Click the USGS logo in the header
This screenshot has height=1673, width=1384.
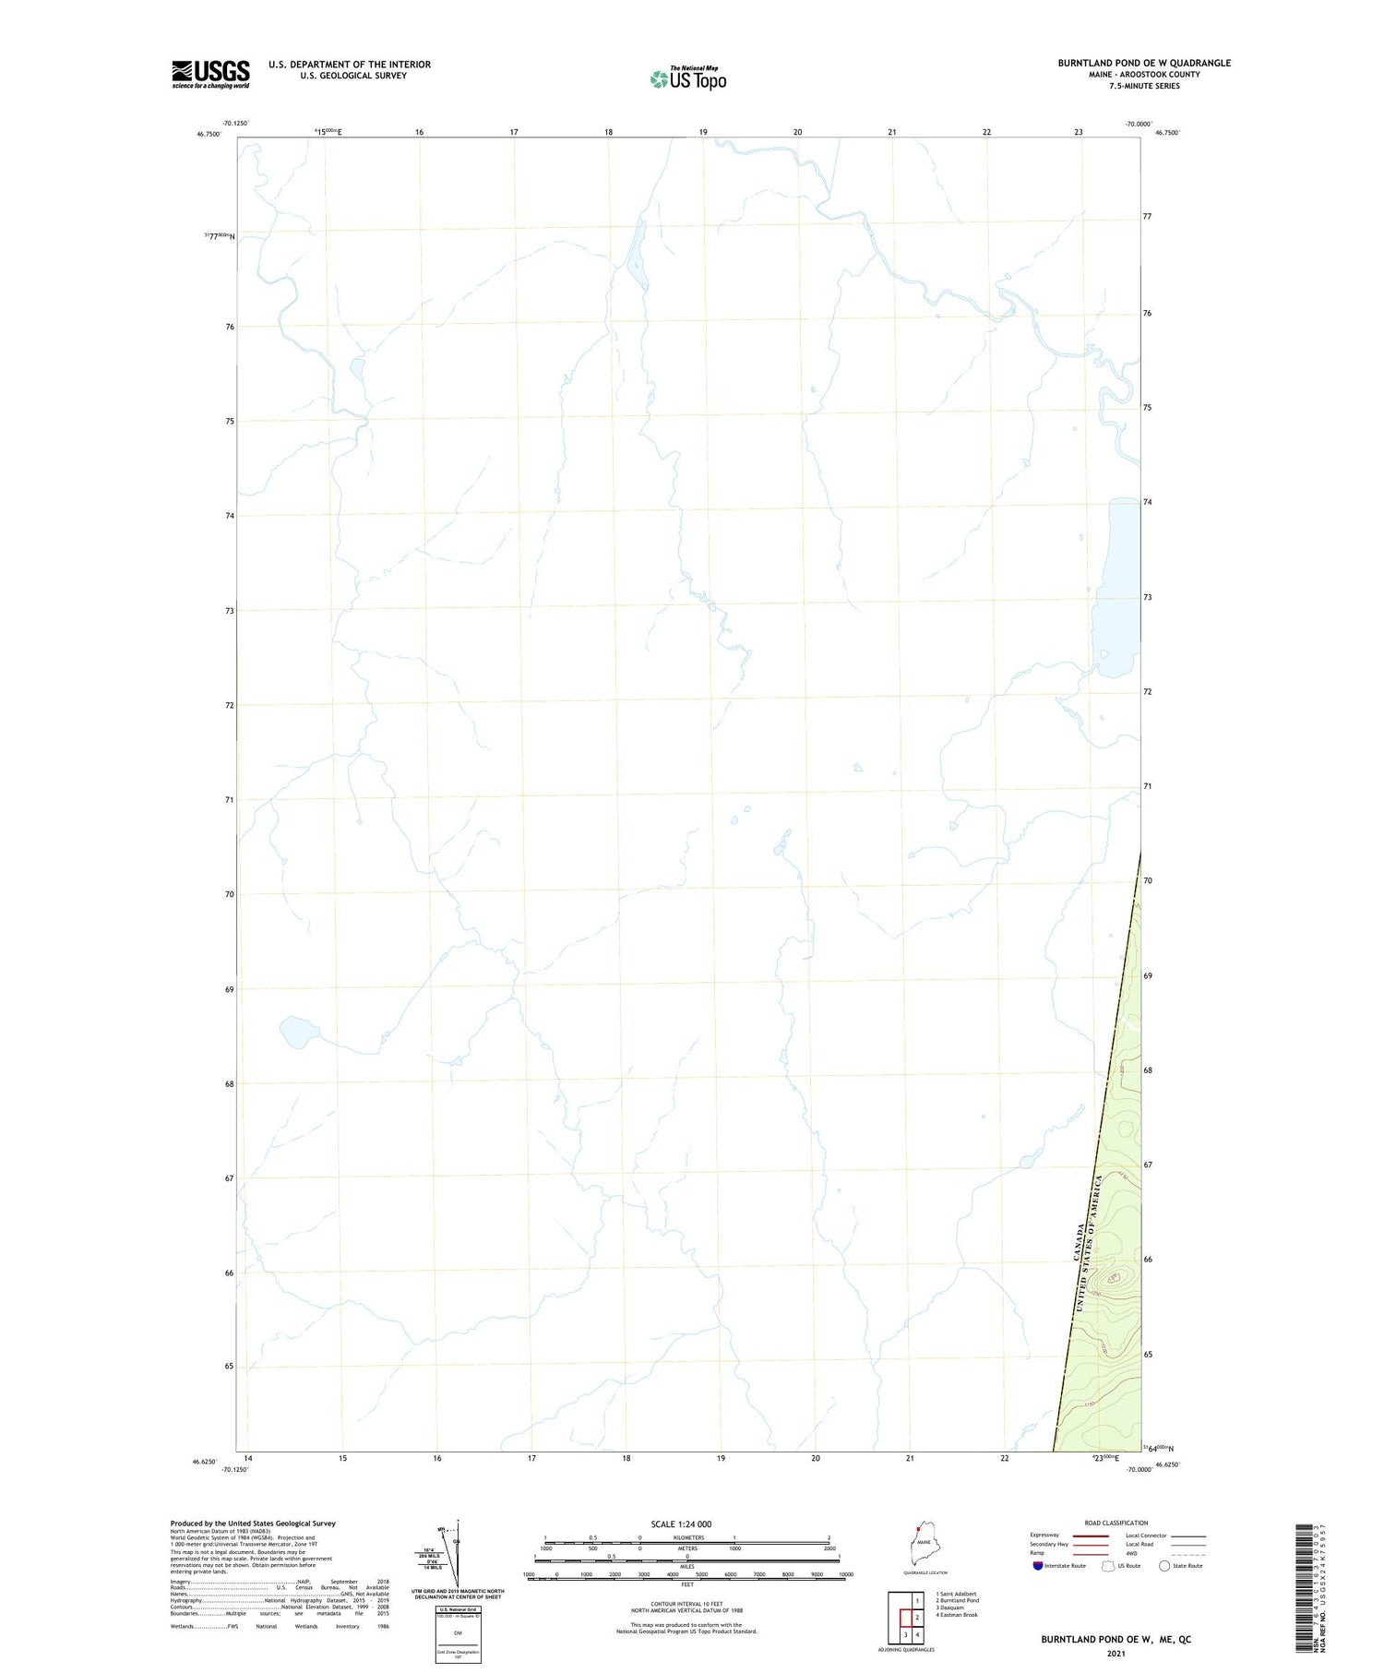click(210, 74)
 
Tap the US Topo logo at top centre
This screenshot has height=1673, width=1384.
click(687, 78)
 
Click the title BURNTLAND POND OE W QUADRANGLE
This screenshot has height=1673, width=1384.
click(1143, 63)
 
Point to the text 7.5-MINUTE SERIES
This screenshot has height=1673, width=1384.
click(1144, 86)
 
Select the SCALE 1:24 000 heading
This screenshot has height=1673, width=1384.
click(681, 1524)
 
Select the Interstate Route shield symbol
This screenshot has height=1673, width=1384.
click(1037, 1566)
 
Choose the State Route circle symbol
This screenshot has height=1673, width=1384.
click(1164, 1566)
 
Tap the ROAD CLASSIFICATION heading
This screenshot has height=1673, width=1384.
click(1116, 1523)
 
